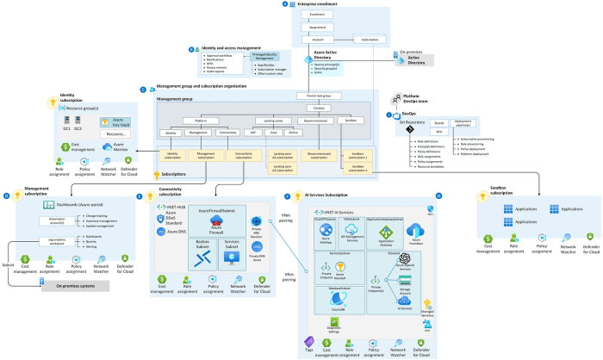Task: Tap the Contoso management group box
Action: [x=319, y=108]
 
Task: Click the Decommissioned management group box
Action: [x=319, y=121]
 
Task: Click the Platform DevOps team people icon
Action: [x=393, y=99]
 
